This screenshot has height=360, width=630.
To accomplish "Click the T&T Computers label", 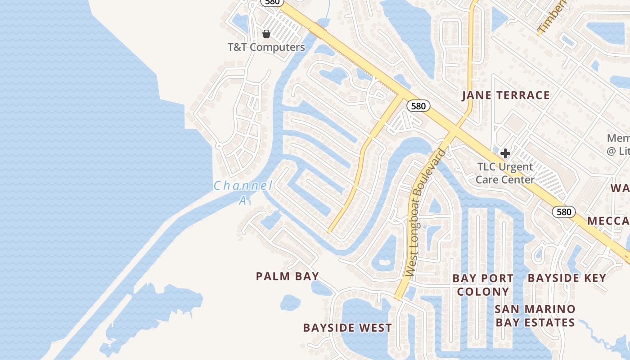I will tap(266, 47).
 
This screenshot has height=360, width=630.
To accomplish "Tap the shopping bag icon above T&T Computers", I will tap(266, 34).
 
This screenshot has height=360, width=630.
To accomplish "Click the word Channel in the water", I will tap(243, 185).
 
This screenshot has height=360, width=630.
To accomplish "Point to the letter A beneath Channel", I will tap(243, 201).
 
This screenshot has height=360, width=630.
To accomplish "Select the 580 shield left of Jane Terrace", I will tap(418, 106).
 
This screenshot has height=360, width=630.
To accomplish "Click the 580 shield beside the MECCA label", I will tap(563, 212).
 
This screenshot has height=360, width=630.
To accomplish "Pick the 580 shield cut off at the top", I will tap(272, 2).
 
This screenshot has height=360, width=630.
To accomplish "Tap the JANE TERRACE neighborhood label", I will tap(506, 95).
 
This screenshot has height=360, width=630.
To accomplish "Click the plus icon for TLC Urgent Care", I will tap(505, 153).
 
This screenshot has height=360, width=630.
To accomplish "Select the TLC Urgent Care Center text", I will tap(505, 173).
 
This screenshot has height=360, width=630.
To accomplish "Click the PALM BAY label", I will tap(288, 276).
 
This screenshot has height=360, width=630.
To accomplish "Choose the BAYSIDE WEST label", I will tap(347, 328).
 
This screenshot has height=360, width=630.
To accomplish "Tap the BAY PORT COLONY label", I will tap(483, 285).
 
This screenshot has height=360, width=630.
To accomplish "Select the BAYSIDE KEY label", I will tap(567, 278).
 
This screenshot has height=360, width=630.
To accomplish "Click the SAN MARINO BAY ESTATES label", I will tap(535, 316).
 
